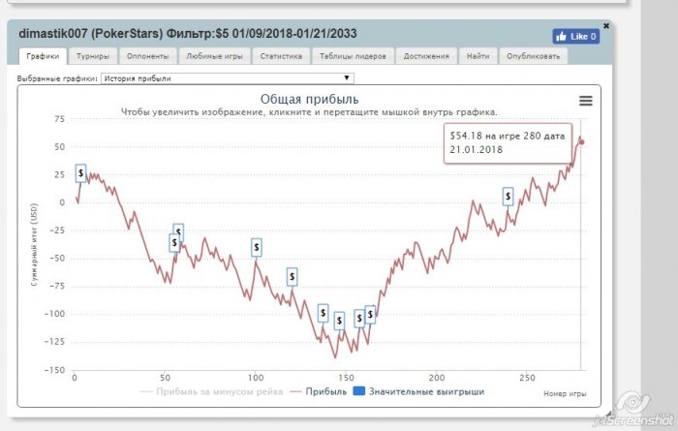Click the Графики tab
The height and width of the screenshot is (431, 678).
click(x=43, y=56)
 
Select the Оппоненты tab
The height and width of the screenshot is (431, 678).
click(x=150, y=56)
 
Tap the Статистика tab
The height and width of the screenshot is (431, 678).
click(x=282, y=56)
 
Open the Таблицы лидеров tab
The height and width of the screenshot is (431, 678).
click(x=354, y=56)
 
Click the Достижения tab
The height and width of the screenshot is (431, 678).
click(x=426, y=56)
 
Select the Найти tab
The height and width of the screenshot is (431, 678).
click(x=478, y=56)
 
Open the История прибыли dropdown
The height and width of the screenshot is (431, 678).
click(x=228, y=77)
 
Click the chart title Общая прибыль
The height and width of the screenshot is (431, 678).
click(x=309, y=99)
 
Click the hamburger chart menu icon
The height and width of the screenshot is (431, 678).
click(x=585, y=101)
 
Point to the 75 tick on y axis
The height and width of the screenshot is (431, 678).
click(x=58, y=119)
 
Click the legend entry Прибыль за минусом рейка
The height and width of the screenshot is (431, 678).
click(x=212, y=392)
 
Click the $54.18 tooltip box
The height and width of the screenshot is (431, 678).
click(x=508, y=143)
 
